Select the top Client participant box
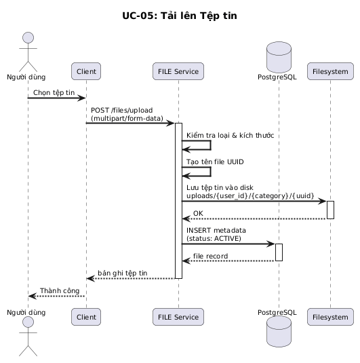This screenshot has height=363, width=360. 86,71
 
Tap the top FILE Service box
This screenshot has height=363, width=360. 178,71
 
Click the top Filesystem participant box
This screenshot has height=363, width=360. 330,71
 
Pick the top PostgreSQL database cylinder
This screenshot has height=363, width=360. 279,57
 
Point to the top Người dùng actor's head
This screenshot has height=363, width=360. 28,38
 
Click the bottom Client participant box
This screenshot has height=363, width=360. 86,317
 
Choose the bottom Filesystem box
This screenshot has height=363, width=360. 330,317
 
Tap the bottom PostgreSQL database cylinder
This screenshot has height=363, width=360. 279,332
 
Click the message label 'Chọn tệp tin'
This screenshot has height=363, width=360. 54,92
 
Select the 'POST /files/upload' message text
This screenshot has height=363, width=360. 122,110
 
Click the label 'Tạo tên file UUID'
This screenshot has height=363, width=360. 215,161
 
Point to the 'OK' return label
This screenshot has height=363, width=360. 198,213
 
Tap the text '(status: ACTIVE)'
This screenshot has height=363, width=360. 214,238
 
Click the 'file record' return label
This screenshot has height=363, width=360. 211,256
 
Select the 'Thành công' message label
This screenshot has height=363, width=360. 60,291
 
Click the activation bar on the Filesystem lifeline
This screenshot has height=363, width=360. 330,210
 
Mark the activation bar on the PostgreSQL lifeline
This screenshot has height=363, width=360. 279,252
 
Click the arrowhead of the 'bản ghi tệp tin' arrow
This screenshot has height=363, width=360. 90,278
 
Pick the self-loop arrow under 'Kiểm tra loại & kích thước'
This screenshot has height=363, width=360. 211,145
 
